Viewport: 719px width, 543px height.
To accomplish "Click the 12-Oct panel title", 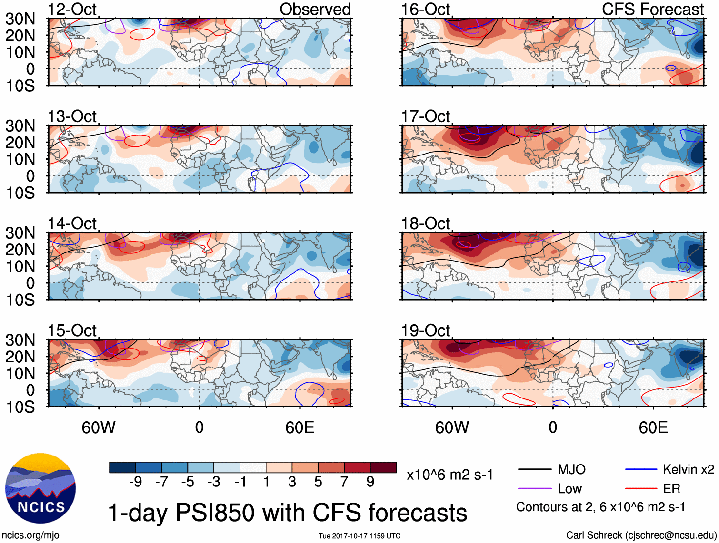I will (x=72, y=10).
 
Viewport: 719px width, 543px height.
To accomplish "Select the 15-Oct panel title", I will (x=72, y=330).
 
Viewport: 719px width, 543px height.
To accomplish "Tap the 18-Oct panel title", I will (x=425, y=223).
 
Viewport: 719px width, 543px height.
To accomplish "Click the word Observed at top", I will (x=315, y=10).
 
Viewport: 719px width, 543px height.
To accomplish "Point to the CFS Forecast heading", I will (x=652, y=10).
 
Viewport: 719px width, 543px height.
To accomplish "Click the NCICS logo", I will (x=40, y=488).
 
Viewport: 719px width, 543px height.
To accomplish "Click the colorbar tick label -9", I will (x=135, y=482).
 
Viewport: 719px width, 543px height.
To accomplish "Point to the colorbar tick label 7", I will (x=344, y=482).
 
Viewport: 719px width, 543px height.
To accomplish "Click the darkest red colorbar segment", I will (x=383, y=467).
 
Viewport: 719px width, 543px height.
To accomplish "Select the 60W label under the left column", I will (x=99, y=427).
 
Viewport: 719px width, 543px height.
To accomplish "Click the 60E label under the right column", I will (x=653, y=427).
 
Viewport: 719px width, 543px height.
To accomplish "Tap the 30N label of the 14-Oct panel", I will (x=20, y=233).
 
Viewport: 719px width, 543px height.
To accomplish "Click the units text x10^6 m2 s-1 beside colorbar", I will (x=449, y=475).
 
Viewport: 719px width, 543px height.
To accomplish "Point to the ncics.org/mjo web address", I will (x=31, y=535).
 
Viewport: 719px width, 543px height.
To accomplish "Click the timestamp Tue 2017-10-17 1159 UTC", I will (x=359, y=536).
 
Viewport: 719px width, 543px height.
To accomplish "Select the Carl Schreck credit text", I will (x=641, y=535).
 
